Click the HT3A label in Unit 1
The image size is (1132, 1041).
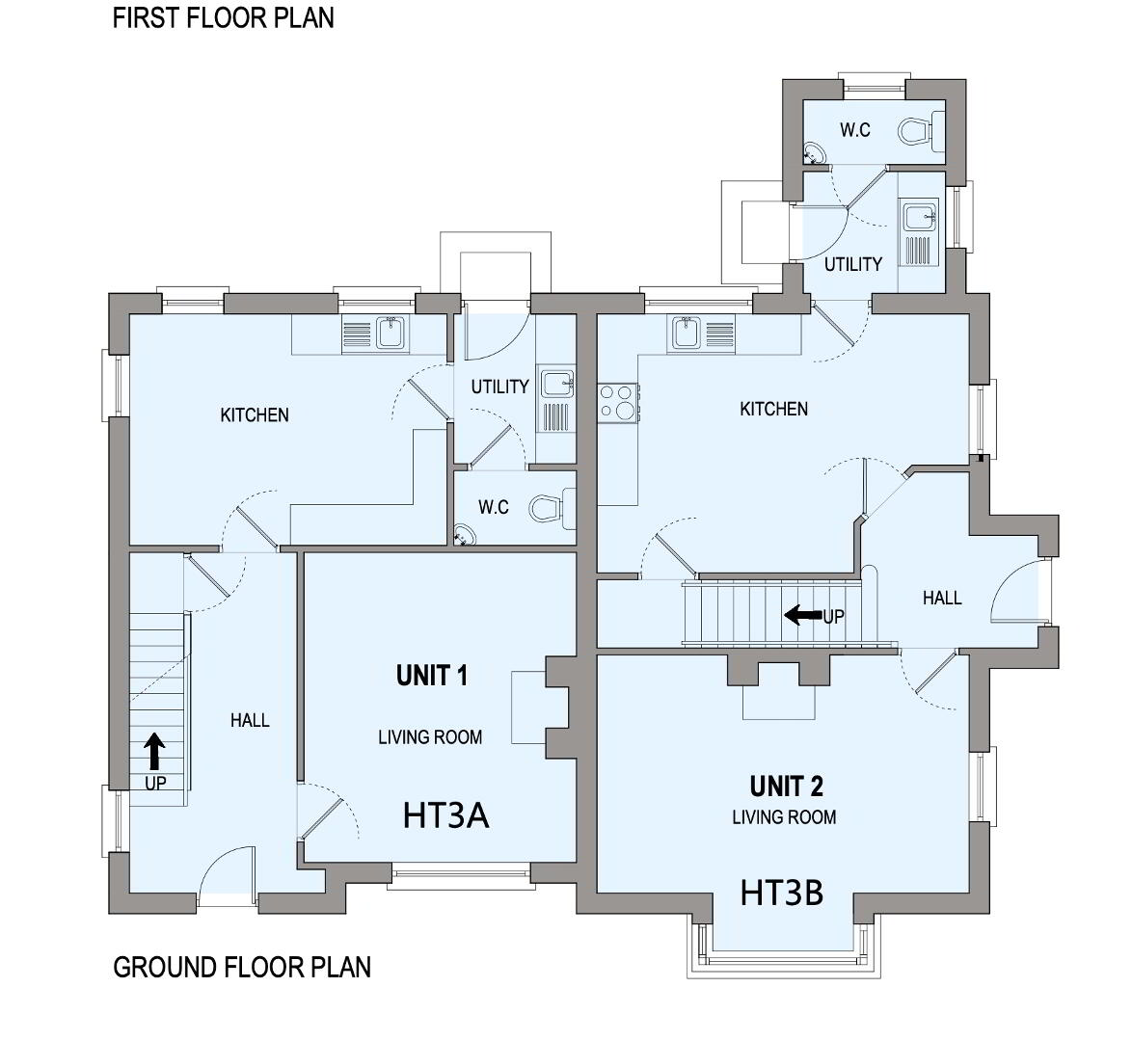pos(446,815)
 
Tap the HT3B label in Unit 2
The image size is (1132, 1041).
pos(782,893)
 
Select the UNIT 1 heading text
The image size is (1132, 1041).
pos(432,676)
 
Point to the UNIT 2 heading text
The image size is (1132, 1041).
pos(786,786)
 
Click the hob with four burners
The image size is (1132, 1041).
pos(618,402)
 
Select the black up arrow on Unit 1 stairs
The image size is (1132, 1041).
pos(153,751)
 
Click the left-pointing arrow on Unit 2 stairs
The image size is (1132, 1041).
pos(803,615)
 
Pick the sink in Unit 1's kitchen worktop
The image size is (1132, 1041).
pos(390,334)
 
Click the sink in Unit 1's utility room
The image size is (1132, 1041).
pos(556,384)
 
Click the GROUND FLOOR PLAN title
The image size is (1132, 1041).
pos(242,968)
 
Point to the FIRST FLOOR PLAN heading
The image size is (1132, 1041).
pos(223,18)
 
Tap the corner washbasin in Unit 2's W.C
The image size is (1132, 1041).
pos(815,152)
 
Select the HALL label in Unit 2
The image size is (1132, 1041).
pos(942,598)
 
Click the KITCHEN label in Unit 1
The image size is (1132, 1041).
pos(255,415)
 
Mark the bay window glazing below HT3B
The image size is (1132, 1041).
pos(784,958)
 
